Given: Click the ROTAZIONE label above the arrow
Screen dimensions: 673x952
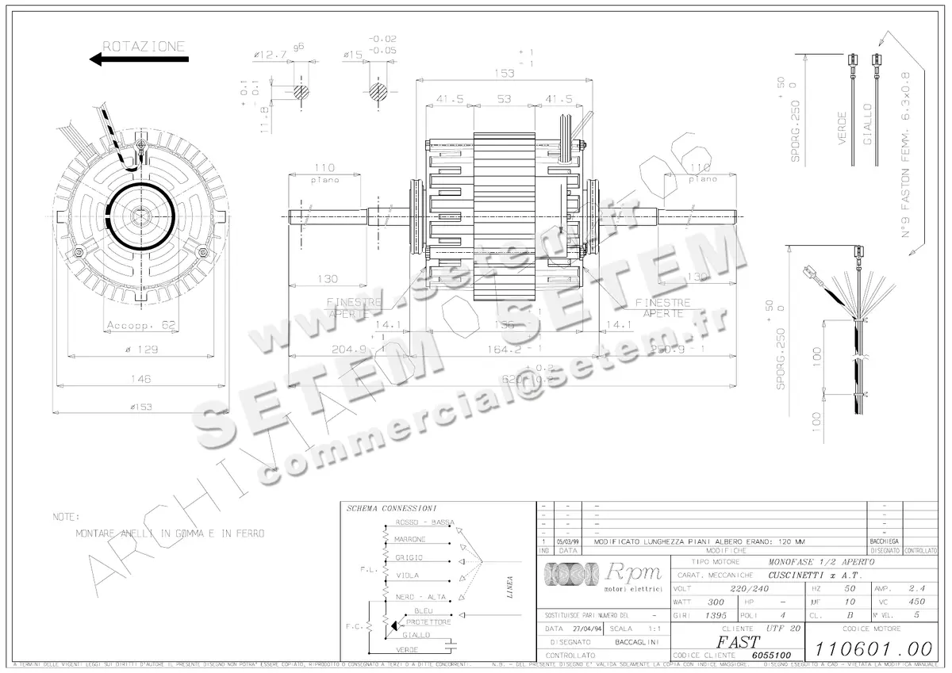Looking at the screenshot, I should [144, 46].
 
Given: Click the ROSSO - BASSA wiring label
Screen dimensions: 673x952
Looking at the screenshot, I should [424, 522].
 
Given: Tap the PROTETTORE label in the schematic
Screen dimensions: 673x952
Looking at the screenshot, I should [428, 622].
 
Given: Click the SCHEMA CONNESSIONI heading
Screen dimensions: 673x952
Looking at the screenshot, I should [391, 508].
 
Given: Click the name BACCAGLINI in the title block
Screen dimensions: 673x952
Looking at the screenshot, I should [642, 641].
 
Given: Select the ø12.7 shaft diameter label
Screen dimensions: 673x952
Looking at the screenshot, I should [271, 54].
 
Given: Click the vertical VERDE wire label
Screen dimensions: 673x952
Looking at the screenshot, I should [842, 123].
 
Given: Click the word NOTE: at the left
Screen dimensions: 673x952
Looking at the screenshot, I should [67, 517].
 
